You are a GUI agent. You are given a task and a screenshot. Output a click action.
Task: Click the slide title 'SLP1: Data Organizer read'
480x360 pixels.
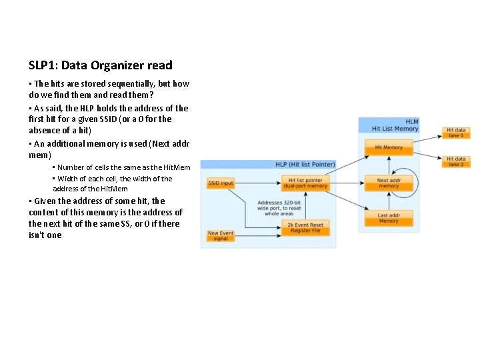coord(101,65)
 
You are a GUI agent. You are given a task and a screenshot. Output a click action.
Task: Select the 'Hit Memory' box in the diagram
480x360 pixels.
coord(389,147)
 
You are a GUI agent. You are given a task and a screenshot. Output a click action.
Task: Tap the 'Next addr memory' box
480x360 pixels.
coord(388,183)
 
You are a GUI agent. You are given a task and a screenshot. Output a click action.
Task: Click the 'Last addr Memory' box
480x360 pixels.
coord(389,218)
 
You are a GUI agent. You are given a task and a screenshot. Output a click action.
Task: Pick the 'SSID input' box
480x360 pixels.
coord(221,183)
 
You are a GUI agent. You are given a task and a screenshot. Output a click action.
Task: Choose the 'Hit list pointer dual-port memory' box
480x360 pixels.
coord(305,183)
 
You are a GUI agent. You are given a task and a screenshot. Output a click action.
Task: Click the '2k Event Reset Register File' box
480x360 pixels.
coord(305,227)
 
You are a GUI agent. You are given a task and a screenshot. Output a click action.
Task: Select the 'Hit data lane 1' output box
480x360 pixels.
coord(457,133)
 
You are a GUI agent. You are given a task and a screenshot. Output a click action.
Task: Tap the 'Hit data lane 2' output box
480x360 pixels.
coord(457,161)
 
